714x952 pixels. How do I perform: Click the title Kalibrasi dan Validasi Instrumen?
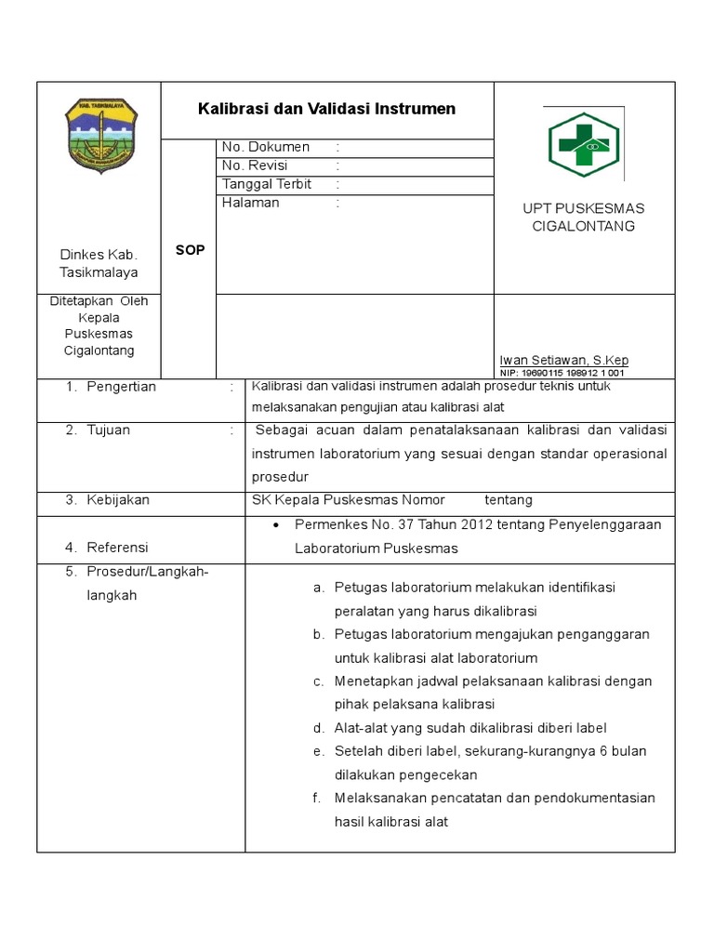(326, 109)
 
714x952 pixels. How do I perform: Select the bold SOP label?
(190, 251)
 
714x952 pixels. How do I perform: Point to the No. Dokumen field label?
(266, 147)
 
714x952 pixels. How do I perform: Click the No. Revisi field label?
(255, 165)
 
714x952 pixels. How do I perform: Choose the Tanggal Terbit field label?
(267, 184)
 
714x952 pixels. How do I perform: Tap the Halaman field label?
(250, 203)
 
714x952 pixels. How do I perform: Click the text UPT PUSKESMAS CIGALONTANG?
(583, 217)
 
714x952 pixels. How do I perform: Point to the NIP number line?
(562, 373)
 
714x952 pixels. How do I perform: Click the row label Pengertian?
(121, 387)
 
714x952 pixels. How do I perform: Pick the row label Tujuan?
(108, 430)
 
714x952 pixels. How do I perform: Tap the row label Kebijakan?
(118, 500)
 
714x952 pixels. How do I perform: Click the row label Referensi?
(117, 548)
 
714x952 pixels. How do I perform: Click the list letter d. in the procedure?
(318, 728)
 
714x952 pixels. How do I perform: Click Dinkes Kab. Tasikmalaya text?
(99, 263)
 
